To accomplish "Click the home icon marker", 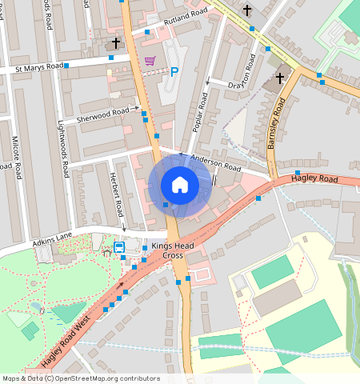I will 180,185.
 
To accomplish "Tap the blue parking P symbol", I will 174,71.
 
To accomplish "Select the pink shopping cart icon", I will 150,61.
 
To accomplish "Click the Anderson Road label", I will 215,163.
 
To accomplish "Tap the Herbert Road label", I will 116,194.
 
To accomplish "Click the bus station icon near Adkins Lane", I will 118,247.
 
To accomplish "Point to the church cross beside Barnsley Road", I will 280,78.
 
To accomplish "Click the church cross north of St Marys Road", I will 117,42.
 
